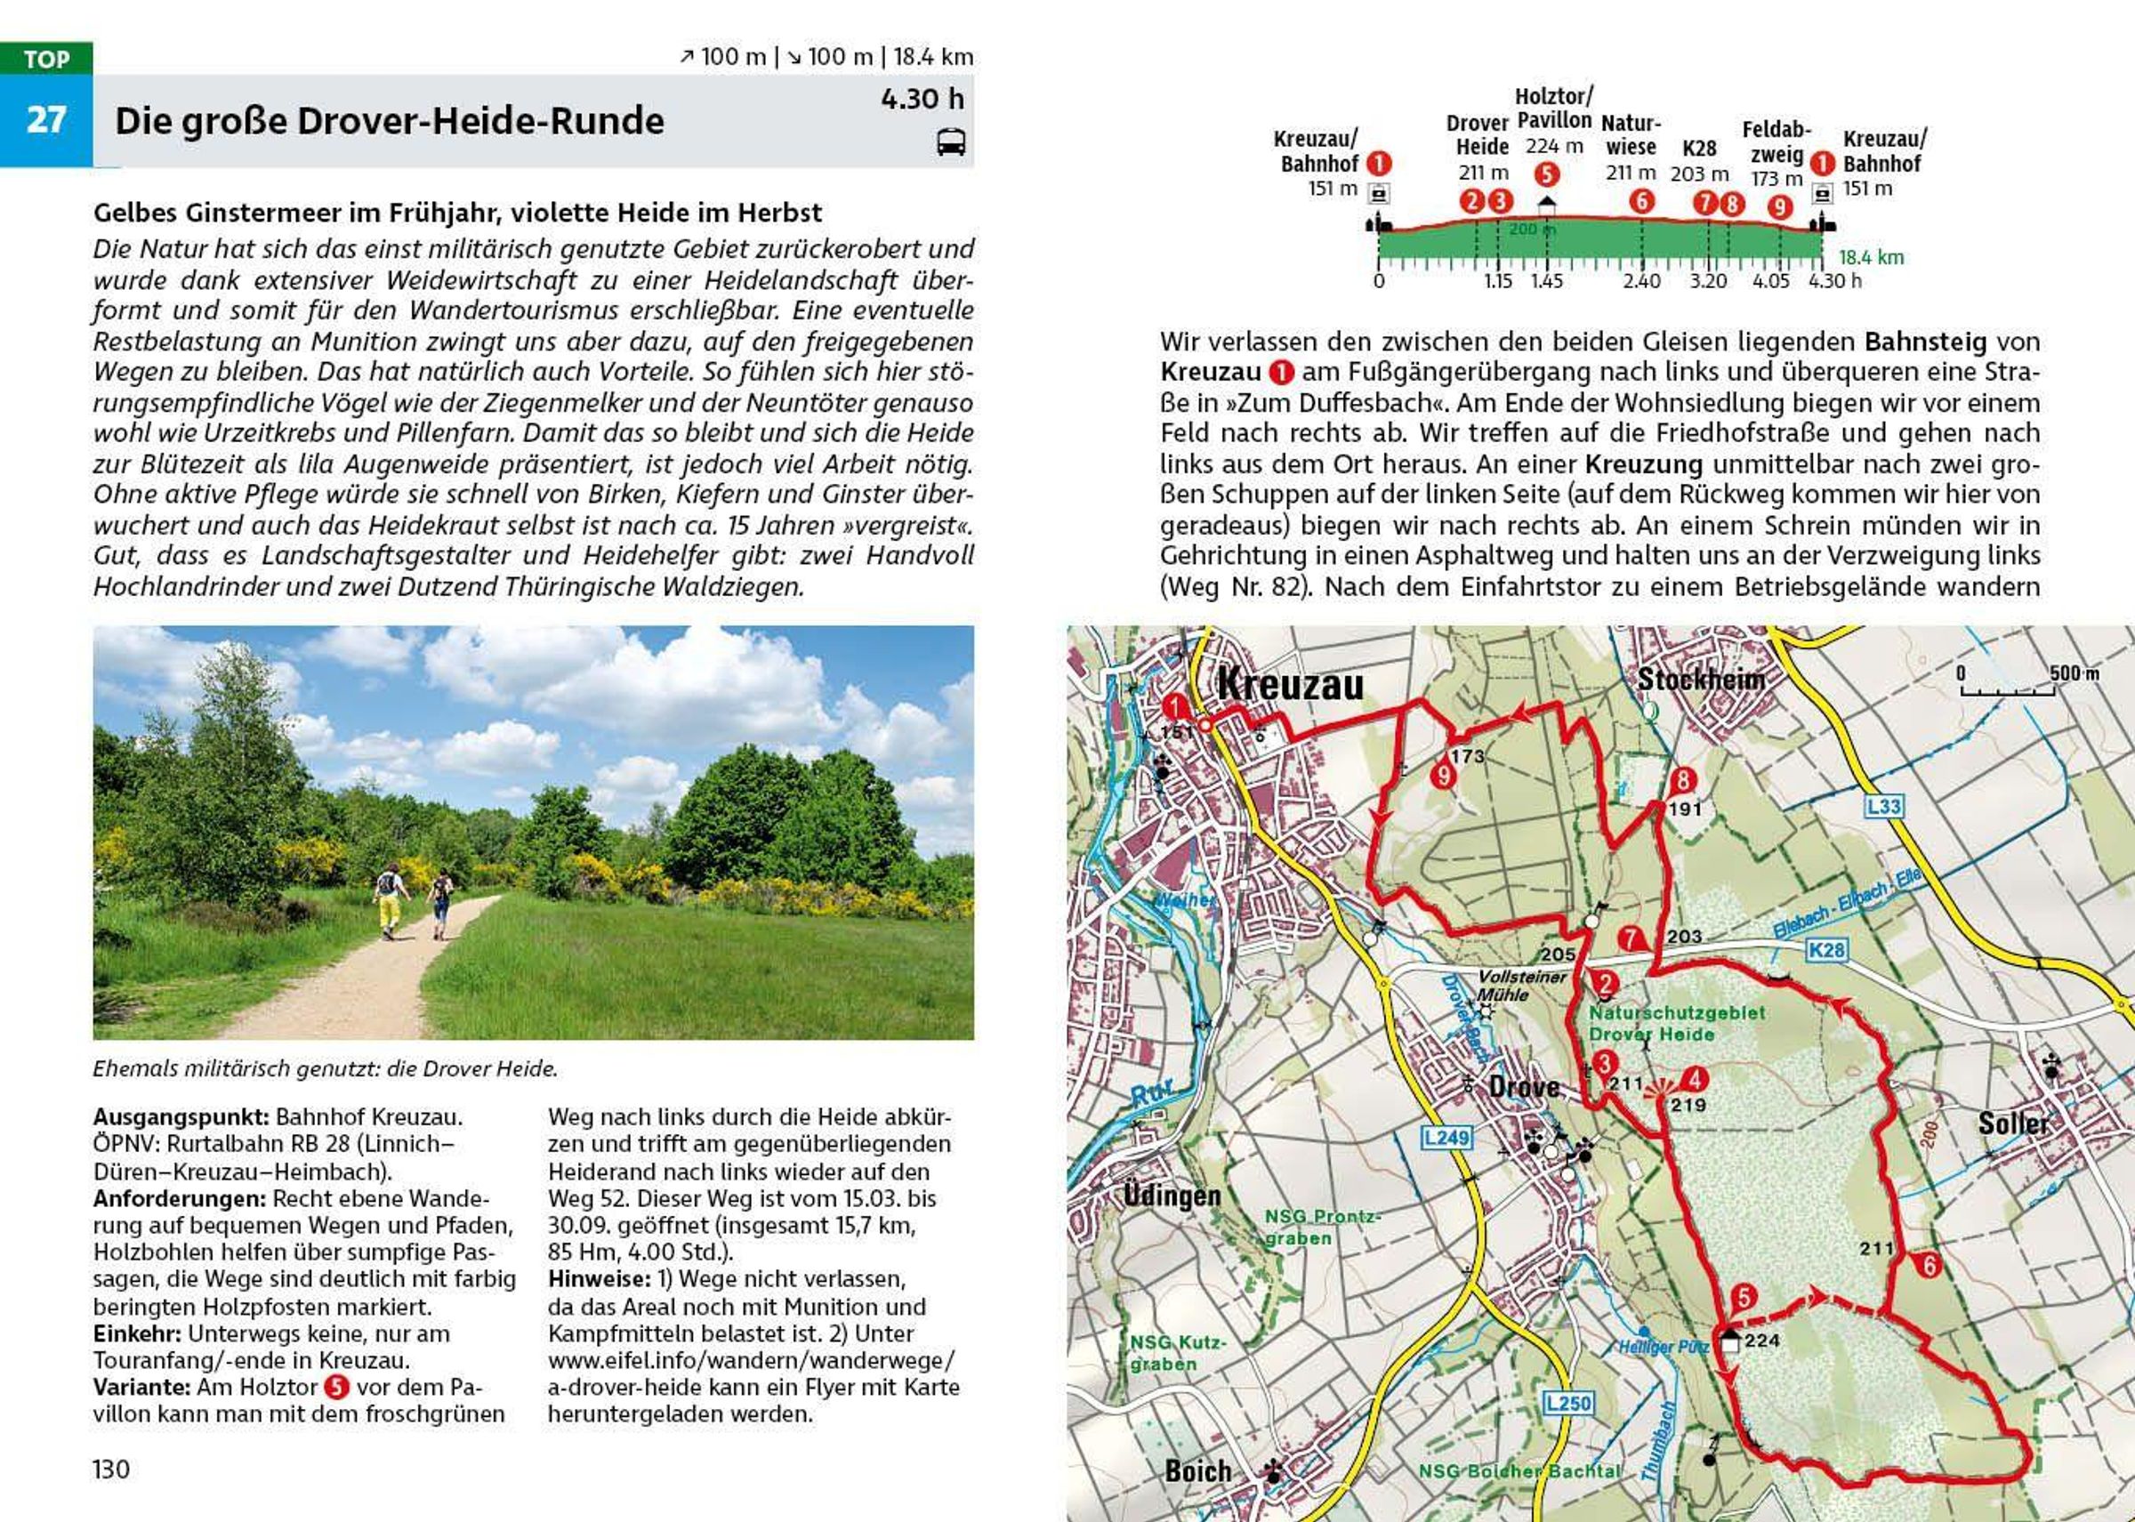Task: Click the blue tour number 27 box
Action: pos(45,120)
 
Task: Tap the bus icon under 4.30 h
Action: pos(950,142)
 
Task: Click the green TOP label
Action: pos(46,59)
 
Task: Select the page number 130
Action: pos(110,1469)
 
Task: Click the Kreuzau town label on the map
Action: pos(1290,686)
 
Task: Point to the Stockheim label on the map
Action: pos(1700,680)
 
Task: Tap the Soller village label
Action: pos(2013,1123)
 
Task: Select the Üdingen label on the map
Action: pos(1172,1196)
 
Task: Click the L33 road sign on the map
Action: pos(1884,807)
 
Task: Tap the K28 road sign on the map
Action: pos(1826,950)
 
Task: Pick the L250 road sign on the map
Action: pos(1568,1403)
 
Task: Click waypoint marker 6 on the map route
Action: pos(1929,1265)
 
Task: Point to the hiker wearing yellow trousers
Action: pos(390,904)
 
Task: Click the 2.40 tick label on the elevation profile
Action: pos(1641,281)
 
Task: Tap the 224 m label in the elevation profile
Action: pos(1554,146)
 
